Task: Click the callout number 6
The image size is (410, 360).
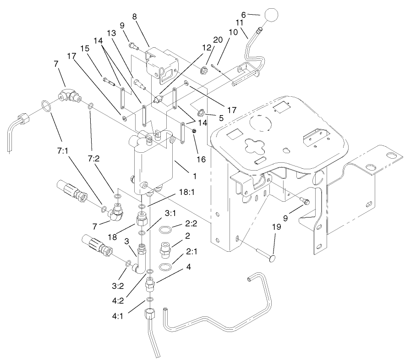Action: (x=244, y=15)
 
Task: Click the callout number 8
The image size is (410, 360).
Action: (x=134, y=16)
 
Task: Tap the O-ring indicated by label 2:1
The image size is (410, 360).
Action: (x=167, y=267)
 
